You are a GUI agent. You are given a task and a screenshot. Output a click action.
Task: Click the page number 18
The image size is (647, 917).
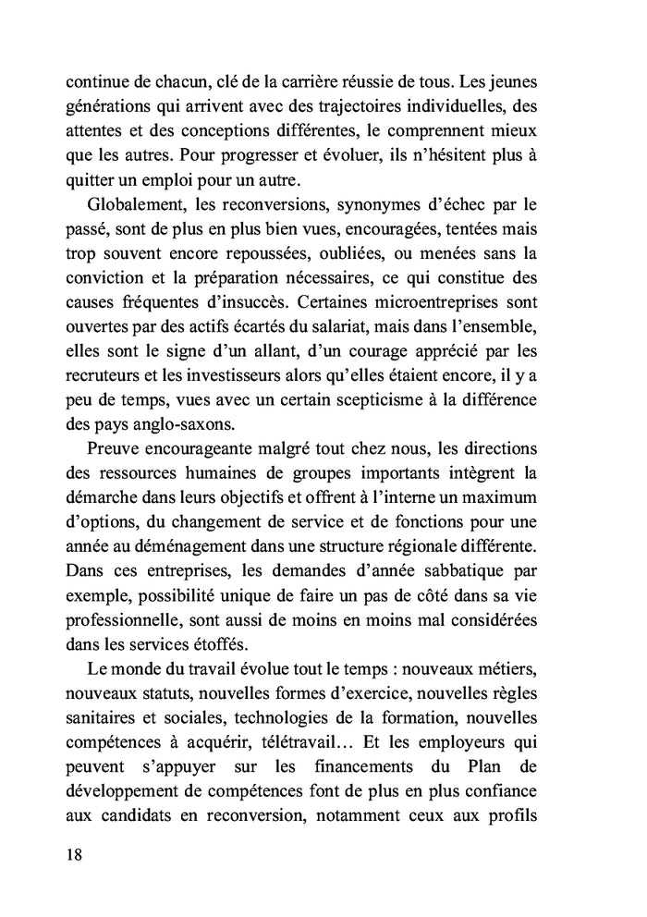[75, 854]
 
